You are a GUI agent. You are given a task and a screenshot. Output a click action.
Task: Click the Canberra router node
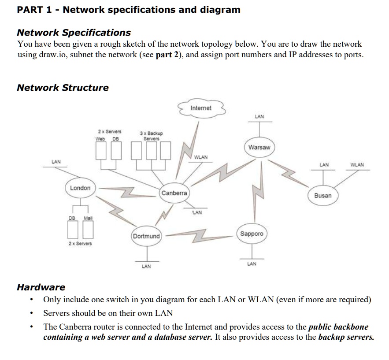click(x=174, y=193)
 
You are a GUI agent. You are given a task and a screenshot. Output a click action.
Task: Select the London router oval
click(x=80, y=188)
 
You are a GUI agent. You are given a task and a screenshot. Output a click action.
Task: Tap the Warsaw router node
click(x=259, y=147)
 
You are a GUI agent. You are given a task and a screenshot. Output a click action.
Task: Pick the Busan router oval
click(x=323, y=195)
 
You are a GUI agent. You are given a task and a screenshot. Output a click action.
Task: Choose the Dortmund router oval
click(x=146, y=236)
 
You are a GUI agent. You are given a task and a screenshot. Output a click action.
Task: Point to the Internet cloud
click(x=201, y=108)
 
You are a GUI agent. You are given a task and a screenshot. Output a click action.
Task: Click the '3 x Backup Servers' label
click(x=151, y=136)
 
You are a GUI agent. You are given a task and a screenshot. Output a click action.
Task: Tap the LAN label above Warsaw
click(x=259, y=116)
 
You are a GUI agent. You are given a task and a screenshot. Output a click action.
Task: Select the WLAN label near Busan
click(x=357, y=165)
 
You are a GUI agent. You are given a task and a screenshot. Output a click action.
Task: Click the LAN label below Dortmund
click(x=146, y=266)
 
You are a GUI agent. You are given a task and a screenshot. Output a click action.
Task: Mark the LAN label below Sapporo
click(x=252, y=264)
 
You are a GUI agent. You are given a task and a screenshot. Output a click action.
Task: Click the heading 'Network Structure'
click(x=63, y=87)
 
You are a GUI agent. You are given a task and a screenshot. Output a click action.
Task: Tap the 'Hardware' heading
click(x=41, y=287)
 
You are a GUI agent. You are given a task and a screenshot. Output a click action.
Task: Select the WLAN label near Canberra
click(x=201, y=157)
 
